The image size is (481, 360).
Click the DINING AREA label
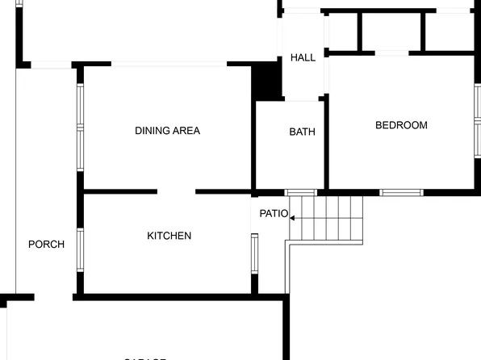(x=167, y=131)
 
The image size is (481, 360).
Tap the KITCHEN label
(x=169, y=236)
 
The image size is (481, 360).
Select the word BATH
(x=302, y=132)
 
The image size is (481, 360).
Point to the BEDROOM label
(x=401, y=125)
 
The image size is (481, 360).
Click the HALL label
(x=303, y=57)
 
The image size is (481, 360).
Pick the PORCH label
(x=41, y=244)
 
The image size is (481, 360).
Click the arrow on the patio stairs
(x=291, y=218)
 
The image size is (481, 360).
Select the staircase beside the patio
(x=327, y=219)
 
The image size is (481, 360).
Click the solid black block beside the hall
(x=266, y=82)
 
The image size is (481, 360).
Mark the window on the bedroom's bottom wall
(x=401, y=192)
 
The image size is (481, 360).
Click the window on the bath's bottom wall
(x=301, y=192)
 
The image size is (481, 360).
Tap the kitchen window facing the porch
(x=80, y=249)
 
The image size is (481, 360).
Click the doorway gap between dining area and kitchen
(x=176, y=192)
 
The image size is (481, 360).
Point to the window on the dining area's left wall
(x=80, y=127)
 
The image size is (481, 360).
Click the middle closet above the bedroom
(x=391, y=32)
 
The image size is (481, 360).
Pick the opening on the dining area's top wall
(x=169, y=64)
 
